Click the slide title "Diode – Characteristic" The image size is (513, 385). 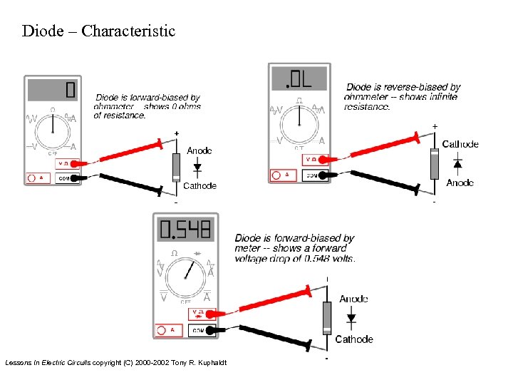pos(98,31)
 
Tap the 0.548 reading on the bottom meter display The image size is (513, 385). pos(185,230)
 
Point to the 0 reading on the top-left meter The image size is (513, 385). pos(69,90)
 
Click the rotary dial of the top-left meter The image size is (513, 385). pos(53,131)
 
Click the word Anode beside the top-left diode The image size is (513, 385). pos(199,150)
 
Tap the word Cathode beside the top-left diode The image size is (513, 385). pos(199,186)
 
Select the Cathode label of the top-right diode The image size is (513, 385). pos(460,144)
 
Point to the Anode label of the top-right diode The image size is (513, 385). pos(460,183)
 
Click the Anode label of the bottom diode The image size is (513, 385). pos(354,299)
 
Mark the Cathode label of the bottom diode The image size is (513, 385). pos(354,339)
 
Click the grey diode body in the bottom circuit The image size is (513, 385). pos(327,317)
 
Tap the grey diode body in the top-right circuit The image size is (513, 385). pos(435,163)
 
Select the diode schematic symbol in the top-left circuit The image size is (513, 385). pos(197,168)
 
